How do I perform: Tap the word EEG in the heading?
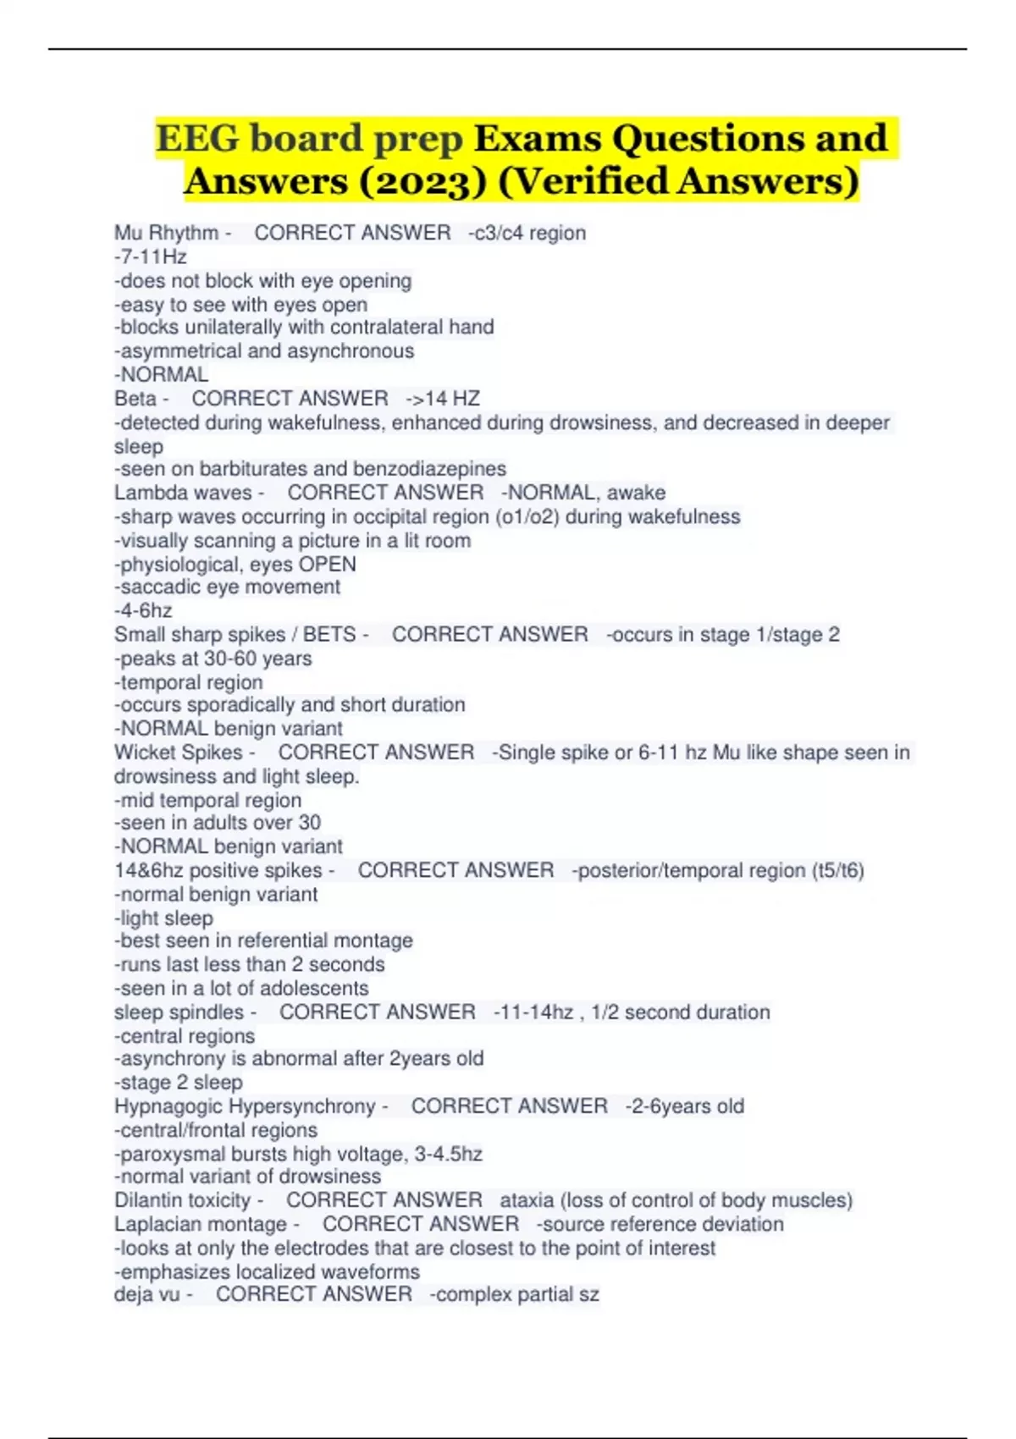(199, 139)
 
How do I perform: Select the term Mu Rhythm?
(167, 233)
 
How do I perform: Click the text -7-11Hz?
(150, 256)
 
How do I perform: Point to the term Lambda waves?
(183, 493)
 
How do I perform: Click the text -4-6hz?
(143, 610)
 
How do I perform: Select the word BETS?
(329, 635)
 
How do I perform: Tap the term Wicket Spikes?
(179, 753)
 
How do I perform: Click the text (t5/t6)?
(837, 870)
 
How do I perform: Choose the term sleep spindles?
(179, 1012)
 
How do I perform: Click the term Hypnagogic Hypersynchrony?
(245, 1106)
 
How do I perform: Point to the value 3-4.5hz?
(448, 1154)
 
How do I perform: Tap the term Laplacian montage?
(201, 1224)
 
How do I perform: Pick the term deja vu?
(146, 1294)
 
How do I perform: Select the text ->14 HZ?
(443, 399)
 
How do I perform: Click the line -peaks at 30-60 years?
(213, 659)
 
